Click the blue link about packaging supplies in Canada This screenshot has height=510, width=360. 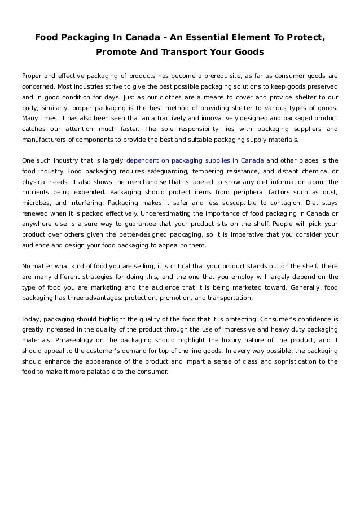[x=195, y=160]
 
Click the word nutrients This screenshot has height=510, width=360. [x=36, y=192]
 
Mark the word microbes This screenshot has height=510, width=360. [x=36, y=203]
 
